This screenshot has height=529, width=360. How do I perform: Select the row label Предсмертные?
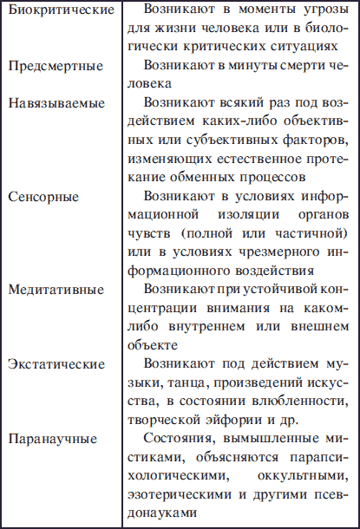click(x=55, y=66)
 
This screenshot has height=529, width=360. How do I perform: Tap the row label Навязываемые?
click(x=56, y=102)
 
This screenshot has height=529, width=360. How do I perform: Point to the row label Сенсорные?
click(x=43, y=196)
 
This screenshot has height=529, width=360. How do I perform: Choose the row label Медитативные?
click(x=56, y=289)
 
